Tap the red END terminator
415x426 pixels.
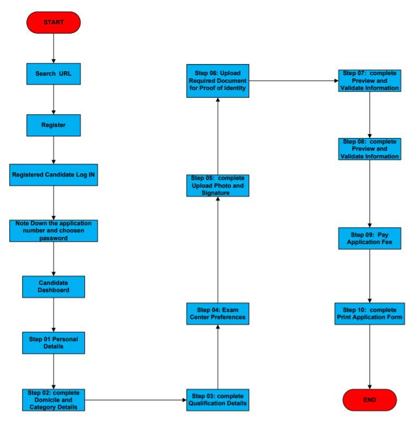point(369,400)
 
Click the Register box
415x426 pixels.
point(53,125)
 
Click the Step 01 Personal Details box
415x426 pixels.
point(53,343)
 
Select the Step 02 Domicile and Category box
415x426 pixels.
point(53,400)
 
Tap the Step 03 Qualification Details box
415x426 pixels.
point(217,400)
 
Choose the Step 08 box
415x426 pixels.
point(369,149)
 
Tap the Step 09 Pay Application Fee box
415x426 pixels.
point(369,238)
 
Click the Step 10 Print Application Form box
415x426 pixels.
point(369,315)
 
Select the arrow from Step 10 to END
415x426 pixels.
point(369,359)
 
